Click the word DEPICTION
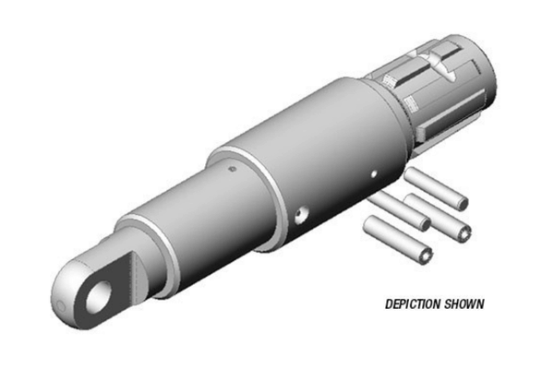coord(413,304)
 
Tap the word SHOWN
coord(464,304)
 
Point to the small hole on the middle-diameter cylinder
coord(232,169)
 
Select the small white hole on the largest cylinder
coord(374,173)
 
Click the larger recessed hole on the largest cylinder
coord(302,215)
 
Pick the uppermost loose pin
coord(437,189)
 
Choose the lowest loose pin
coord(398,240)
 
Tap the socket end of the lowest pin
coord(425,256)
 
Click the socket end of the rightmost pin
coord(464,233)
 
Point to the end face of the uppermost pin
coord(462,204)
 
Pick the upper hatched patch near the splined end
coord(389,80)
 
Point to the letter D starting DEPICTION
coord(389,304)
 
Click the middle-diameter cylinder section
coord(198,219)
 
